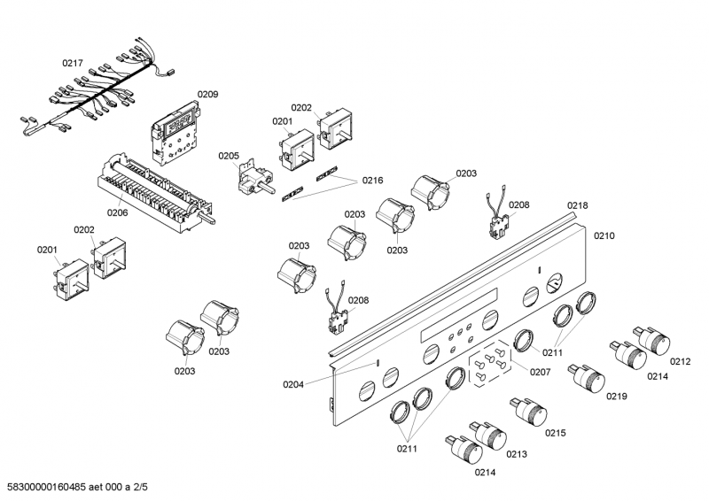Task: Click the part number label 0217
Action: (73, 63)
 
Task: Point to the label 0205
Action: (229, 156)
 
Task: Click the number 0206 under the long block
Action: (117, 212)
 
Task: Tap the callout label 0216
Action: (372, 180)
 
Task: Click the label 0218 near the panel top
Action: (577, 205)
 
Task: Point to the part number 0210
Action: (604, 236)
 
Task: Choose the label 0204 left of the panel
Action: (293, 383)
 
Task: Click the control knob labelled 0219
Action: (587, 377)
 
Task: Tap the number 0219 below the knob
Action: (617, 397)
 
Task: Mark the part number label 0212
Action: (680, 361)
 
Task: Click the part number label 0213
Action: (518, 454)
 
